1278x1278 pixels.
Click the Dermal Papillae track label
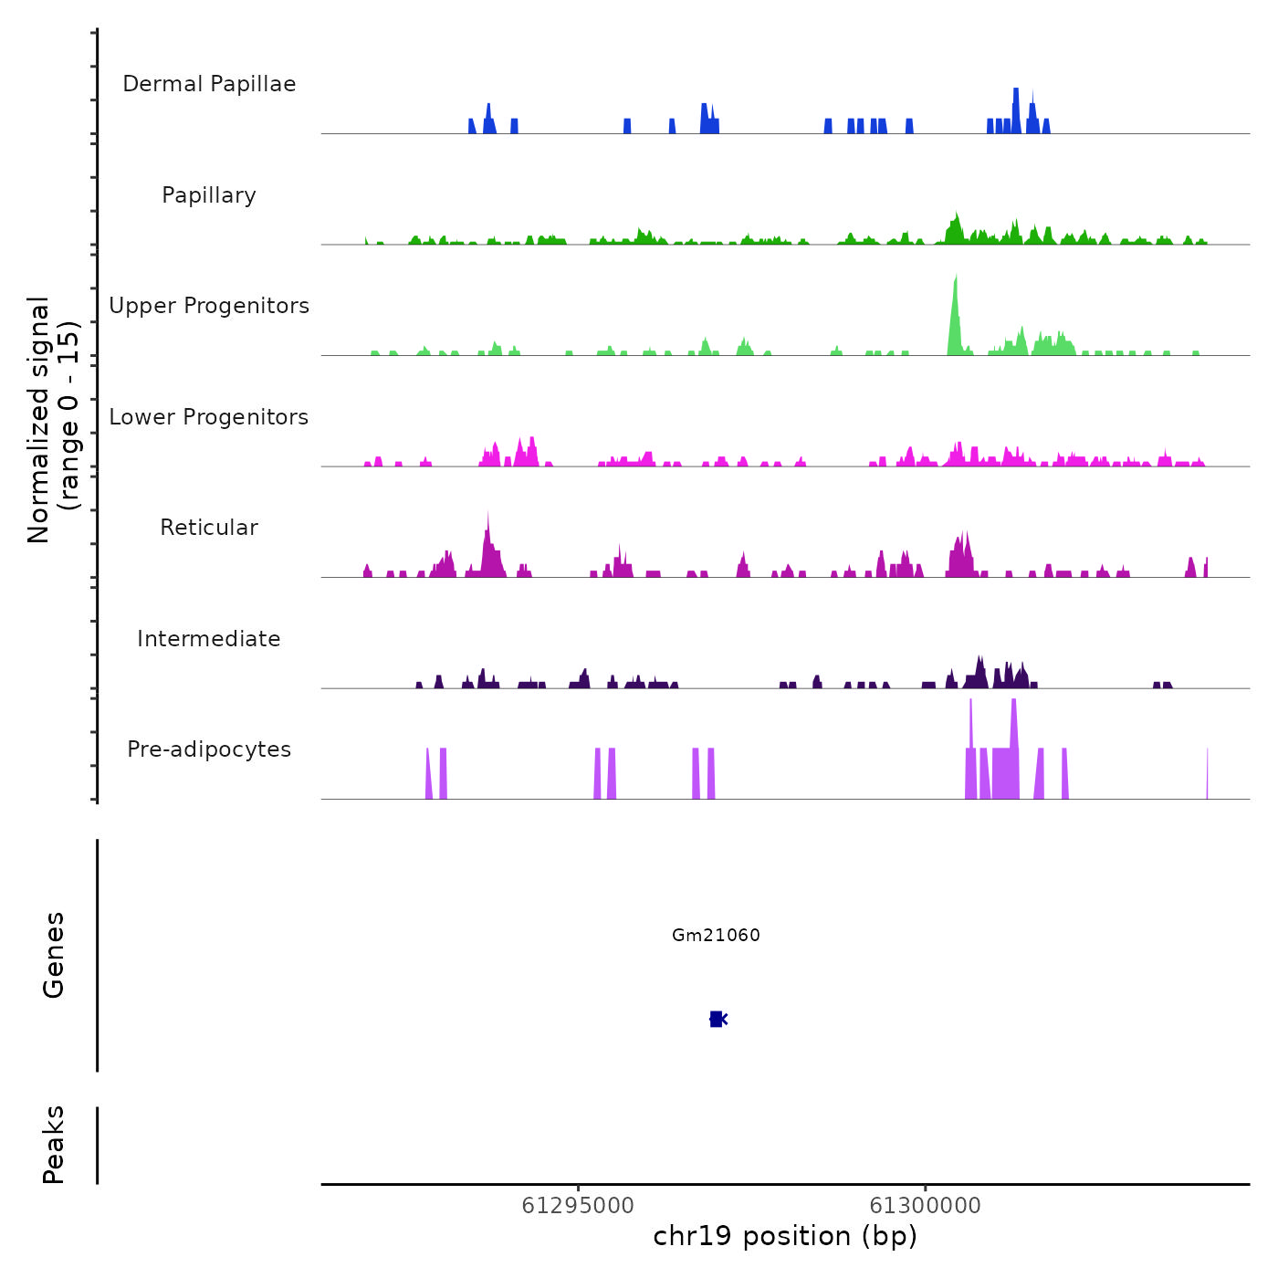click(209, 84)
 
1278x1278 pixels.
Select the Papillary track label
click(209, 195)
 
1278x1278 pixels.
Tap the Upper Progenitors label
click(209, 306)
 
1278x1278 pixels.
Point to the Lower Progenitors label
click(209, 417)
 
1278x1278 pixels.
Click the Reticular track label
click(209, 528)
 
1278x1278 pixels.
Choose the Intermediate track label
click(209, 639)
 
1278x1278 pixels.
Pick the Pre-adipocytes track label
click(209, 749)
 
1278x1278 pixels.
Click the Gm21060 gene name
click(716, 935)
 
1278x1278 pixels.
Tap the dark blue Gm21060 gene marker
click(717, 1019)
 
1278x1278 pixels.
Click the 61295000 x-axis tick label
click(578, 1205)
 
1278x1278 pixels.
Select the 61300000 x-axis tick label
click(925, 1205)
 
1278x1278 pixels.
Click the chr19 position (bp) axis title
click(785, 1236)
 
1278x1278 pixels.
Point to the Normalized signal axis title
click(53, 420)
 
